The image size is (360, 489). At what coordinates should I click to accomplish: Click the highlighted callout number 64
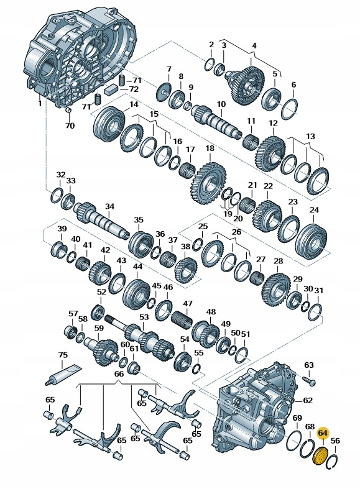pos(323,434)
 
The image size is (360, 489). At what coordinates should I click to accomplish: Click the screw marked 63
pos(308,380)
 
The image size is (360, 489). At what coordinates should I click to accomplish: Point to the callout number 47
pos(188,303)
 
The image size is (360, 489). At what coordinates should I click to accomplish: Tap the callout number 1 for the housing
pos(40,103)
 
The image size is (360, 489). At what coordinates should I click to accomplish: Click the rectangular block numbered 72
pos(110,90)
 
